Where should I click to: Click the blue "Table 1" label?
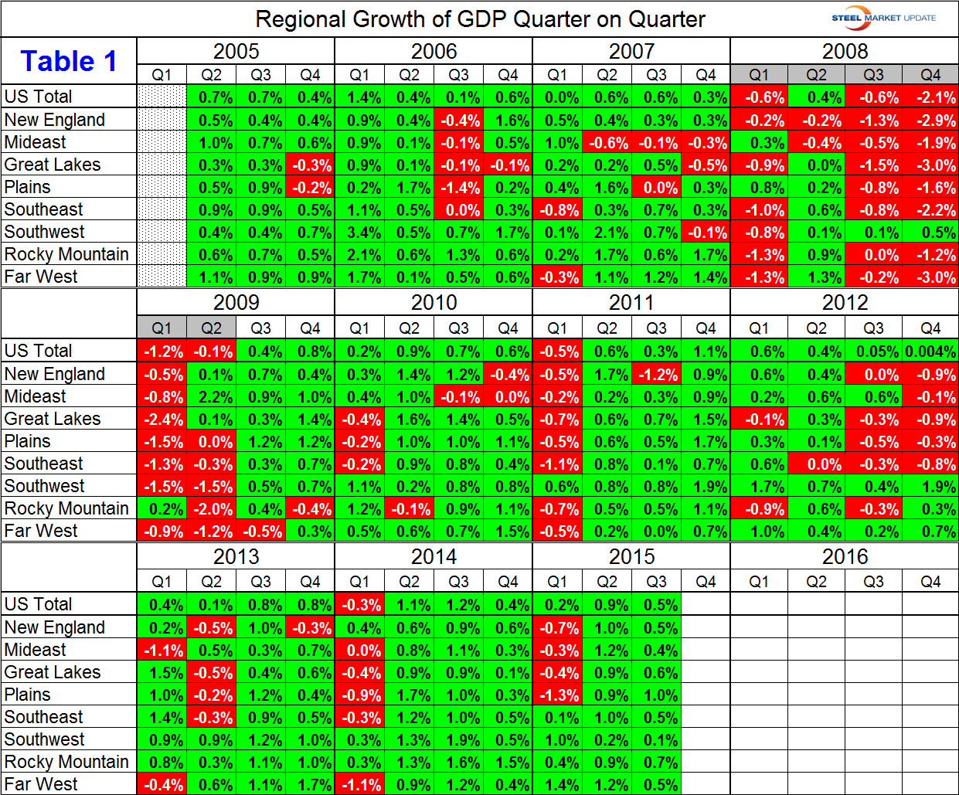(x=69, y=61)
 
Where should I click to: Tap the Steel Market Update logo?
(x=883, y=18)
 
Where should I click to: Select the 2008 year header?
(x=845, y=51)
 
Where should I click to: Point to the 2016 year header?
(x=845, y=556)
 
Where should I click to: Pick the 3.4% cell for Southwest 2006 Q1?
(x=359, y=233)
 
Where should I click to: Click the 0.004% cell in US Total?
(x=930, y=352)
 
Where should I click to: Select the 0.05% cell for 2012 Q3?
(x=873, y=352)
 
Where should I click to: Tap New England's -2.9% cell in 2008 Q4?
(x=930, y=121)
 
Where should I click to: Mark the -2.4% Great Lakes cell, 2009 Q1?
(x=162, y=420)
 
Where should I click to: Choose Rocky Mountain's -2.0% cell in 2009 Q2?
(x=211, y=509)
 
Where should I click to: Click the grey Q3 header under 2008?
(x=873, y=75)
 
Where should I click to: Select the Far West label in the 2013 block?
(x=41, y=784)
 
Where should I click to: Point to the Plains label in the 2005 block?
(x=28, y=187)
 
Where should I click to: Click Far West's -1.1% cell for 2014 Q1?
(x=359, y=785)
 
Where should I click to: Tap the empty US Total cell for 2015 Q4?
(x=706, y=605)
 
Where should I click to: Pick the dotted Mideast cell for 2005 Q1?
(x=162, y=143)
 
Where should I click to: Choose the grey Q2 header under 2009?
(x=211, y=328)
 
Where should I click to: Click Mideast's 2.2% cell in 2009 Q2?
(x=211, y=397)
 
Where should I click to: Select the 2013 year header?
(x=236, y=556)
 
